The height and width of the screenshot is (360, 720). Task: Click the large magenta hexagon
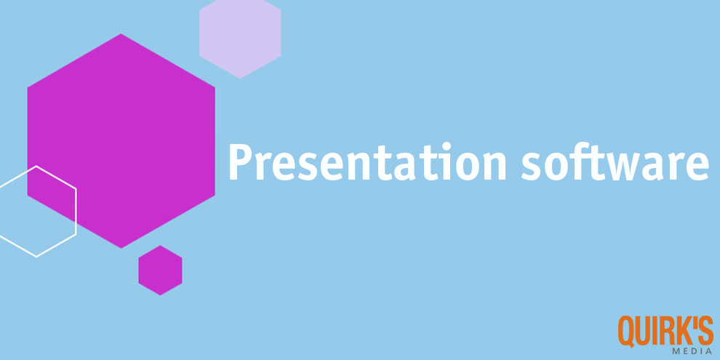121,141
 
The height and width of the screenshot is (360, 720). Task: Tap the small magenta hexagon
160,271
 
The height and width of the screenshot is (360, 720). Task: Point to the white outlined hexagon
76,211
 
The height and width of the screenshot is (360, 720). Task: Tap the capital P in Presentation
240,162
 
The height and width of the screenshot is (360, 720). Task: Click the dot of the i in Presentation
446,146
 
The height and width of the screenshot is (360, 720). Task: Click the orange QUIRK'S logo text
665,330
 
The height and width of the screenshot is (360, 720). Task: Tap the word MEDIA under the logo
692,351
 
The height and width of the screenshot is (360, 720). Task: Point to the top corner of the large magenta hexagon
121,33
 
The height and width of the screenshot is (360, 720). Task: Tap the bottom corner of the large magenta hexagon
121,249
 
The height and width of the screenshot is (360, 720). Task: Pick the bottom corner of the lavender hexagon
240,79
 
